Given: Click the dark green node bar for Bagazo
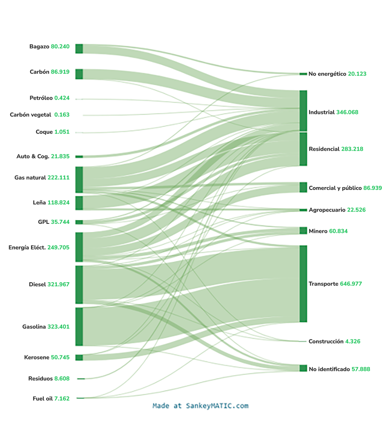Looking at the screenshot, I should (79, 49).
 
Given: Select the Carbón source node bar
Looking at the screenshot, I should (79, 74).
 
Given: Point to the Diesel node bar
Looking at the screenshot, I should (79, 285).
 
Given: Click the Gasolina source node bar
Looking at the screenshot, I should (79, 327).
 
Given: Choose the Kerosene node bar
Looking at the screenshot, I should (79, 357).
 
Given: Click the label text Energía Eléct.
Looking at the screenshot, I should (27, 247).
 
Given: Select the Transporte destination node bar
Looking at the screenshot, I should (303, 284).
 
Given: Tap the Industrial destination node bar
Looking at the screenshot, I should (303, 111).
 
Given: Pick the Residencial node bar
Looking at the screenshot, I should (303, 149).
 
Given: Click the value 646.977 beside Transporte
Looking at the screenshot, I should (351, 284).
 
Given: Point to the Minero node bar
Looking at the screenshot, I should (303, 231).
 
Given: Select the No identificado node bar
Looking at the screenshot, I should (303, 368).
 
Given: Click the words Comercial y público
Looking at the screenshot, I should (335, 188).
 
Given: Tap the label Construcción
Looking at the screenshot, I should (326, 341).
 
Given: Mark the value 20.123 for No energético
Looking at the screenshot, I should (357, 74).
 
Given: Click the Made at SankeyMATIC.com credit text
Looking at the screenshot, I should (200, 406).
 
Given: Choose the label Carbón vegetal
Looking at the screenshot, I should (31, 115).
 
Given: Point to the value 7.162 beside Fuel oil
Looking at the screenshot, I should (62, 398).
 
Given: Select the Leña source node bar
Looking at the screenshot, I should (79, 203).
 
